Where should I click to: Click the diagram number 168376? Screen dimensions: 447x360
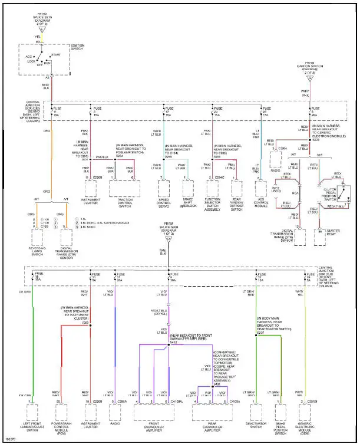tap(10, 441)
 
